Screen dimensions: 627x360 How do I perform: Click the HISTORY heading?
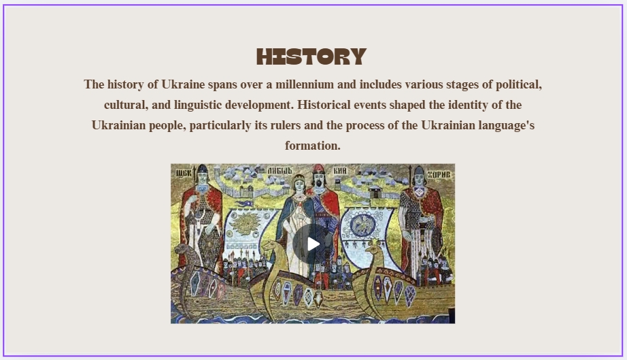pyautogui.click(x=311, y=56)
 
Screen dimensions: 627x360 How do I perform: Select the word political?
pyautogui.click(x=519, y=85)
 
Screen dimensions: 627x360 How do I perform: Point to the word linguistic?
pyautogui.click(x=197, y=105)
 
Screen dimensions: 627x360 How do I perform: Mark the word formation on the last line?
pyautogui.click(x=312, y=146)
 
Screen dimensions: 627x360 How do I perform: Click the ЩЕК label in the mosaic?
pyautogui.click(x=184, y=174)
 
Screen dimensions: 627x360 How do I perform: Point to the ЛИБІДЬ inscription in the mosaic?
pyautogui.click(x=280, y=170)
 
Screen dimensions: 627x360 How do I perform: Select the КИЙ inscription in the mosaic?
pyautogui.click(x=340, y=171)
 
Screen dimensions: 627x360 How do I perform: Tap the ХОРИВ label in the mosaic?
pyautogui.click(x=439, y=174)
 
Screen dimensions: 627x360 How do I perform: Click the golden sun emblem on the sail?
pyautogui.click(x=245, y=225)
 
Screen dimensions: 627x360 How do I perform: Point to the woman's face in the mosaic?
pyautogui.click(x=299, y=185)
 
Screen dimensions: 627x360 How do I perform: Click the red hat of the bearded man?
pyautogui.click(x=318, y=168)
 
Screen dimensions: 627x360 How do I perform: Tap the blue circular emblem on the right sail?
pyautogui.click(x=362, y=226)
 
